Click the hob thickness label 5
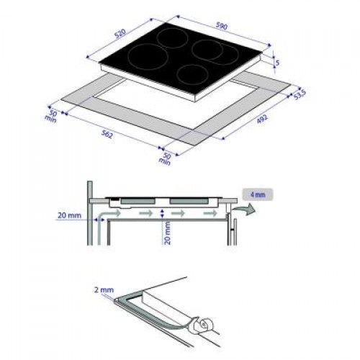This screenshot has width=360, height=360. tap(277, 63)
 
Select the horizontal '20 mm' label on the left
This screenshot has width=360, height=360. tap(68, 214)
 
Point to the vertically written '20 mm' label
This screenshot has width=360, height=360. tap(166, 232)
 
